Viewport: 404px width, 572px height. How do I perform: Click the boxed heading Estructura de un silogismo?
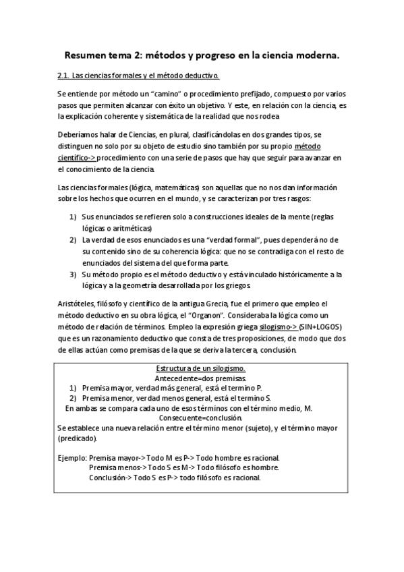[x=200, y=369]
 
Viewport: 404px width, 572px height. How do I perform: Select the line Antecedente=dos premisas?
[x=200, y=379]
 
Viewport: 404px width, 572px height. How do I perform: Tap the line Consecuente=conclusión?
[x=200, y=418]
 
